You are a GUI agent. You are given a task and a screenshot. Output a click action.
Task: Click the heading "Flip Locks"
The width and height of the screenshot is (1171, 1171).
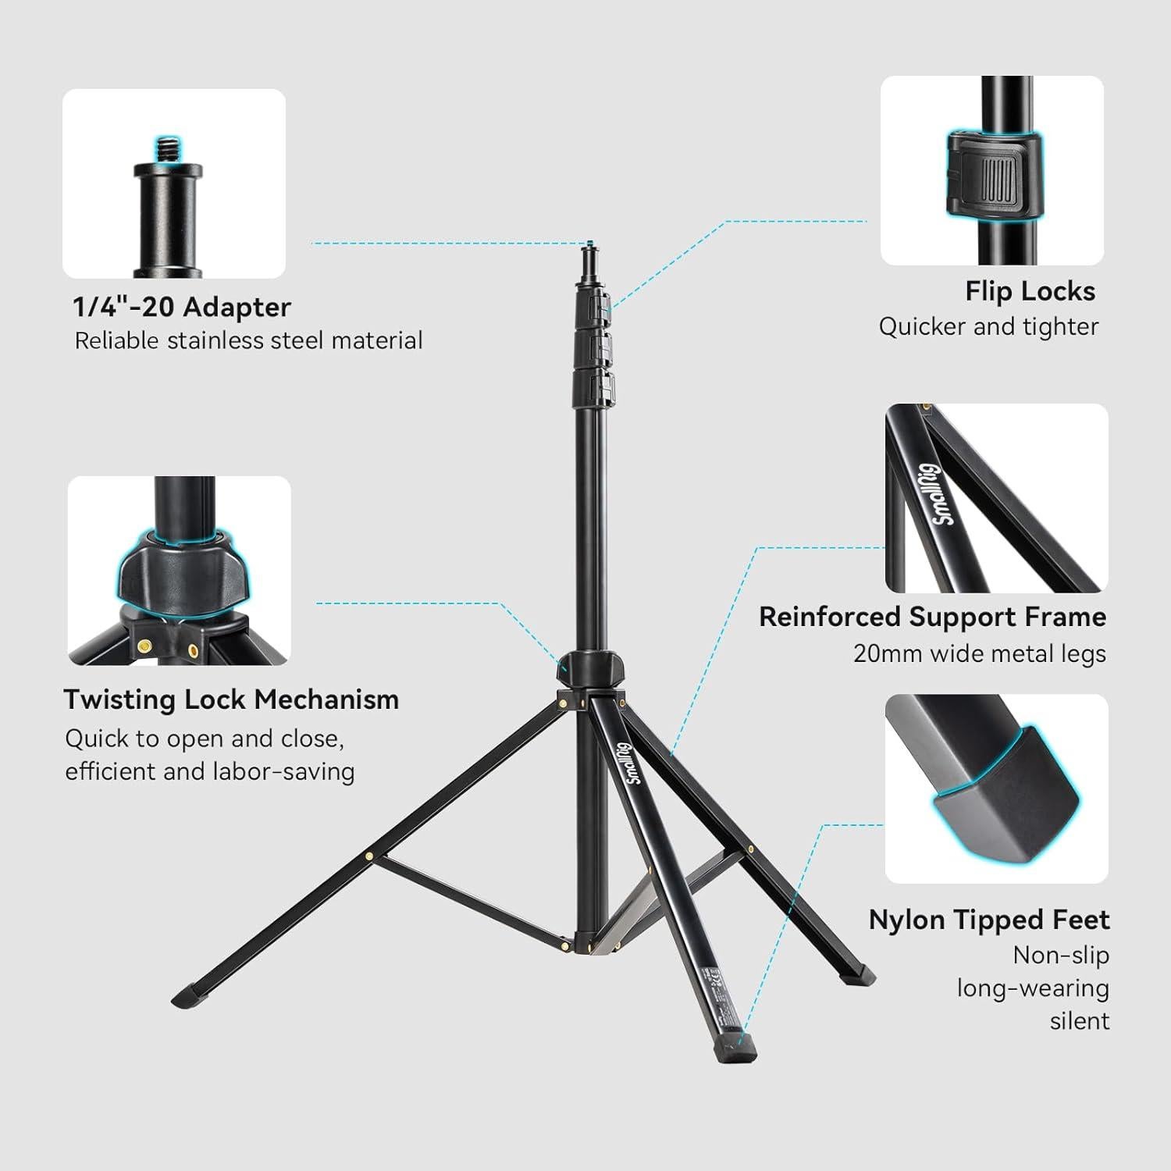point(1030,291)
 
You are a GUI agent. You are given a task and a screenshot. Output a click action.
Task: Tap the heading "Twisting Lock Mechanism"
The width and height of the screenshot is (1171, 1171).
point(231,699)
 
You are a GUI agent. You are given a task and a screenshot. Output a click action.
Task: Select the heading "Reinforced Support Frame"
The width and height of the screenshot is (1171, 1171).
point(932,617)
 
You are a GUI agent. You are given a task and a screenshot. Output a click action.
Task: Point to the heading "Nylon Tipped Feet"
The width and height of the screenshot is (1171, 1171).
point(988,920)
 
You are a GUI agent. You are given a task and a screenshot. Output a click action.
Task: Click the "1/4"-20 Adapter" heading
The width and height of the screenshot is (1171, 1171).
point(182,307)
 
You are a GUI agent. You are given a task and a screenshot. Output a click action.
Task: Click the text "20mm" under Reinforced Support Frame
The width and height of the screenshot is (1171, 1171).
point(879,653)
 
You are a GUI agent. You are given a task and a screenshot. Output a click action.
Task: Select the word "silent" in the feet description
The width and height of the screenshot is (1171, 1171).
point(1079,1020)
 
